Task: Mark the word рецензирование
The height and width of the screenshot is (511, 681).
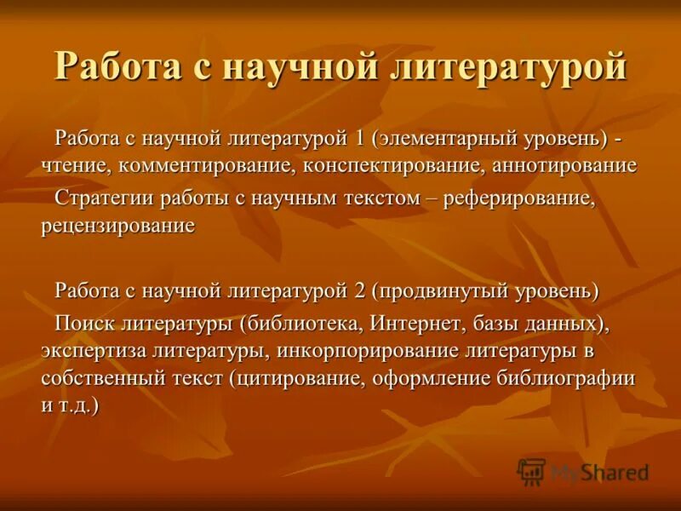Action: [x=117, y=227]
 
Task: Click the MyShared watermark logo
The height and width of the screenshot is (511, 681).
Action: [x=583, y=471]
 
